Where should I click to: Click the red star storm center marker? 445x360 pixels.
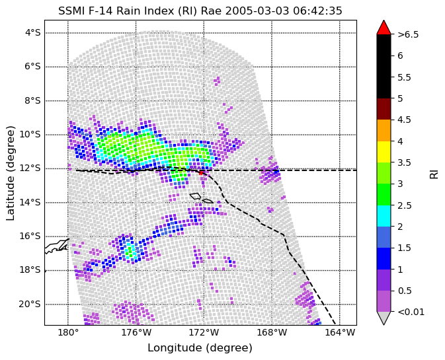click(x=201, y=172)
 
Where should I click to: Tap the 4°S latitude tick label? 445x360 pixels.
click(x=33, y=33)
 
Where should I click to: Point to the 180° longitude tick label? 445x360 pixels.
click(x=68, y=332)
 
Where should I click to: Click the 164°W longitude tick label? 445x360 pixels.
click(x=340, y=332)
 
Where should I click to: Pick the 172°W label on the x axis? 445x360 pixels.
click(x=204, y=332)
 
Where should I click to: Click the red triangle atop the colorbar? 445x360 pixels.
click(x=384, y=27)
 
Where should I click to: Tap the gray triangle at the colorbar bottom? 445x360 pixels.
click(x=384, y=318)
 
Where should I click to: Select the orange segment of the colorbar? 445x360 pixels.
click(x=384, y=130)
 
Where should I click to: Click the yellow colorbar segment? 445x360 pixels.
click(x=384, y=152)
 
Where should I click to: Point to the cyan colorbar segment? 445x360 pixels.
click(x=384, y=216)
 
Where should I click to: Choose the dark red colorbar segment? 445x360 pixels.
click(x=384, y=109)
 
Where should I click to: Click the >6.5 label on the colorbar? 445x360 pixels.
click(x=408, y=34)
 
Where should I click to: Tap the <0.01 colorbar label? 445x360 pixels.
click(x=411, y=312)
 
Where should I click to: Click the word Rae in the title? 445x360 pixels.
click(x=212, y=11)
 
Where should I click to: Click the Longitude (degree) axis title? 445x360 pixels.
click(x=200, y=348)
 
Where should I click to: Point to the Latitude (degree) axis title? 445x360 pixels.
click(x=10, y=173)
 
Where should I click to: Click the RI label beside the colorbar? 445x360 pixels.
click(x=434, y=173)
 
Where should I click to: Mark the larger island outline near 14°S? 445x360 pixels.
click(x=195, y=196)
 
